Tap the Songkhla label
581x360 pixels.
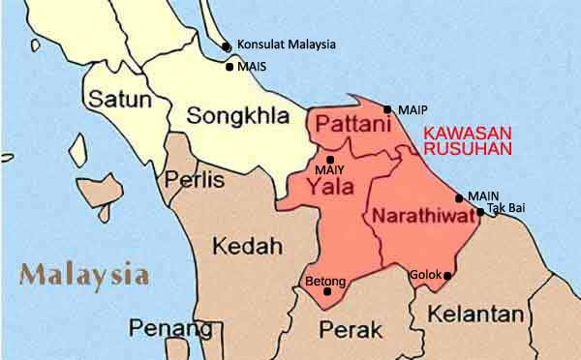[x=237, y=117]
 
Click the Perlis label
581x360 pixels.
[x=195, y=180]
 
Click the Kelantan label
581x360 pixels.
[x=475, y=315]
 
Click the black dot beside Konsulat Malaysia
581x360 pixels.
[x=226, y=45]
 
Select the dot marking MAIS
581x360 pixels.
[x=229, y=67]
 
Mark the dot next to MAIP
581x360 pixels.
[x=387, y=109]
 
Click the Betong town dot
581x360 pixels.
[x=327, y=291]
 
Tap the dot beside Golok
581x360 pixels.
[x=447, y=276]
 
